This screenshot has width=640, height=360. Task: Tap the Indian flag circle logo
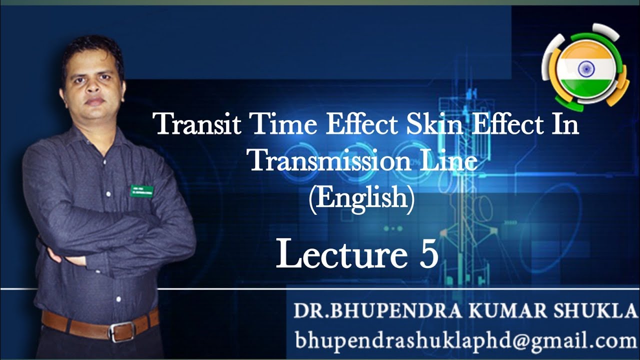click(x=584, y=67)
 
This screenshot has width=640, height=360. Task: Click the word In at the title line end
click(x=565, y=124)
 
